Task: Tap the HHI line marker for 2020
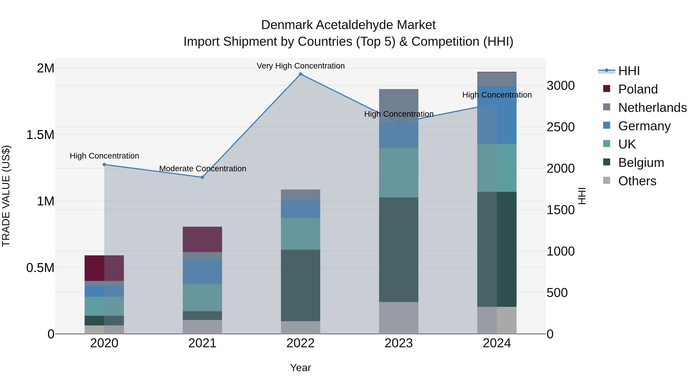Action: coord(104,165)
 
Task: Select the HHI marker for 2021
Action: coord(202,177)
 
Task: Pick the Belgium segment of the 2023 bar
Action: coord(399,250)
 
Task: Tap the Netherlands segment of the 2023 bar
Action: coord(399,106)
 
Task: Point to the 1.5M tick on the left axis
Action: coord(40,135)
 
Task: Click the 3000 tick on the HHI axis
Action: coord(560,86)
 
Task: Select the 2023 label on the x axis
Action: coord(399,343)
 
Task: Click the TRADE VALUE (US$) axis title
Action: coord(6,196)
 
